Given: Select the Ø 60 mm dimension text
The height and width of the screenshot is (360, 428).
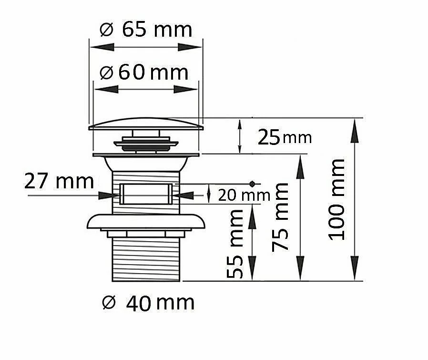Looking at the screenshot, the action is click(x=144, y=72).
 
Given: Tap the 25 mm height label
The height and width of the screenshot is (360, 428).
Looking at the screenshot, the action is click(x=285, y=137).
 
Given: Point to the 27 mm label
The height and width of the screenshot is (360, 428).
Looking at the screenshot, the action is click(x=59, y=181).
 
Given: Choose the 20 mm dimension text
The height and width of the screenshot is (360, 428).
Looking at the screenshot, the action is click(x=244, y=195).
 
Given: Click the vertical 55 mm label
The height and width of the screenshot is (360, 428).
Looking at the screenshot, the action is click(x=235, y=244).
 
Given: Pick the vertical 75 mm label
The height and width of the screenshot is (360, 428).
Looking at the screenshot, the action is click(x=280, y=217).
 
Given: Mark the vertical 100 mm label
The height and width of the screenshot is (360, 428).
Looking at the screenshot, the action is click(x=337, y=200).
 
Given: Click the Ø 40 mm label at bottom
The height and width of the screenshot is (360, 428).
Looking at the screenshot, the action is click(x=148, y=303).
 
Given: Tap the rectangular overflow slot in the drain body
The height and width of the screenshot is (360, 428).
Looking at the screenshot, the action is click(x=146, y=194).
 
